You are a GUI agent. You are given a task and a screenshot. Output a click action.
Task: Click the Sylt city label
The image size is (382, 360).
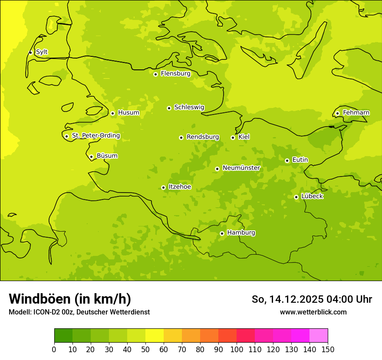tap(42, 52)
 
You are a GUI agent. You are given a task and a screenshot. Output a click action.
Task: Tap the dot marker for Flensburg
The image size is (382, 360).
tap(155, 74)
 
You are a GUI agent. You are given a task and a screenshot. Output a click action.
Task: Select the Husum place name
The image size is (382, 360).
tap(128, 113)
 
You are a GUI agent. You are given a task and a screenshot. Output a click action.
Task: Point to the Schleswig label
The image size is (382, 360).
tap(189, 107)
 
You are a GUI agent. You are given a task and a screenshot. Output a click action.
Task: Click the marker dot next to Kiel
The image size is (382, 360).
tap(233, 137)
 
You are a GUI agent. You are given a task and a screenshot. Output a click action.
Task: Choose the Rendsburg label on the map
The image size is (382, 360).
tap(203, 137)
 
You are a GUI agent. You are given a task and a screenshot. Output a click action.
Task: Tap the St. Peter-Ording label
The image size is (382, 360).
tap(95, 136)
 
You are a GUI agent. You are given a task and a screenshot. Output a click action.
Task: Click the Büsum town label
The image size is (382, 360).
tap(107, 156)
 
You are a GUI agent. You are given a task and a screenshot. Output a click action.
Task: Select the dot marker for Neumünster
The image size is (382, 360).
tap(217, 169)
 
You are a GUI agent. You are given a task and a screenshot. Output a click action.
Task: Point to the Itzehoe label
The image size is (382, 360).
tap(179, 187)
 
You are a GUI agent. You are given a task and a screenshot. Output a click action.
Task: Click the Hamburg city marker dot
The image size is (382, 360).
tap(222, 233)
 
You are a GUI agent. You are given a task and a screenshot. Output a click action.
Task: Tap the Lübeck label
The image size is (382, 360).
tap(312, 196)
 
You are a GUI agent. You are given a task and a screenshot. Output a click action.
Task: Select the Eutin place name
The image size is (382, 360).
tap(300, 160)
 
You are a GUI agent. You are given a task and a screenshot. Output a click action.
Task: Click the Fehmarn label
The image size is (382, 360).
tap(356, 113)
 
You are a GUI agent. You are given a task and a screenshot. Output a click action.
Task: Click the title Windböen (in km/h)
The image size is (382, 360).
tap(70, 299)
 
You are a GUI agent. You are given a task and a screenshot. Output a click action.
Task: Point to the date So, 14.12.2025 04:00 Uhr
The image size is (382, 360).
tap(311, 299)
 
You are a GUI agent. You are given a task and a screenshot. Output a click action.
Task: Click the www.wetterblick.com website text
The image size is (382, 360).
tap(313, 312)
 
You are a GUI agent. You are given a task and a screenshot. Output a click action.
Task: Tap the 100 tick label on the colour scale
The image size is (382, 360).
tap(237, 350)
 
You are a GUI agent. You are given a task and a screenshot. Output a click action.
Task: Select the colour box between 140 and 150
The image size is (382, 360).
tap(319, 336)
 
